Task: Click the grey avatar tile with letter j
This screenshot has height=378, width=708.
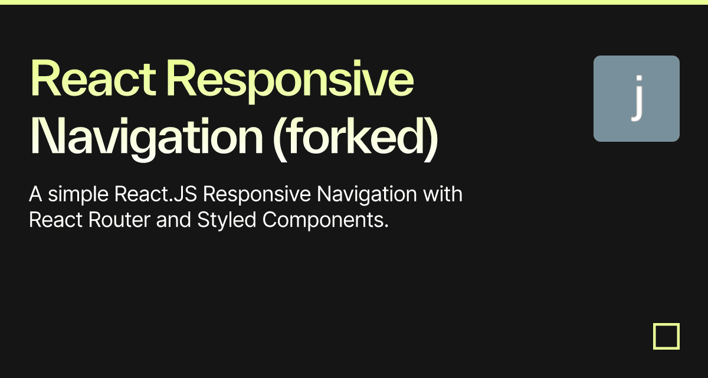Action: [636, 99]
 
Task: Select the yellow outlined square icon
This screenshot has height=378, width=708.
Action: [666, 336]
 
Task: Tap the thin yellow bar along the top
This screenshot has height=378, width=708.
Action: [354, 2]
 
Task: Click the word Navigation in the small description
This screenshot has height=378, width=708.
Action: [361, 194]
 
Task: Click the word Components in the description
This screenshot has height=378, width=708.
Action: [325, 220]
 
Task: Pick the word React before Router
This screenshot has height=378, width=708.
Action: [55, 220]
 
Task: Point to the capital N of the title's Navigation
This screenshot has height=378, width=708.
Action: [42, 137]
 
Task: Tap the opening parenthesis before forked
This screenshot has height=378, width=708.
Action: [277, 137]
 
